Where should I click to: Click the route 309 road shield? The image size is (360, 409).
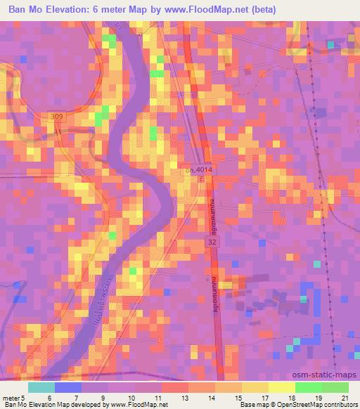click(x=56, y=116)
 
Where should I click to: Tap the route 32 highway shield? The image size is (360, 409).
click(x=212, y=241)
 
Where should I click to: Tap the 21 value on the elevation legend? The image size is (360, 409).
click(x=345, y=398)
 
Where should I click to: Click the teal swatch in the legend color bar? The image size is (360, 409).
click(x=41, y=387)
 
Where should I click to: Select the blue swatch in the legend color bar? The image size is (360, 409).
click(x=68, y=387)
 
